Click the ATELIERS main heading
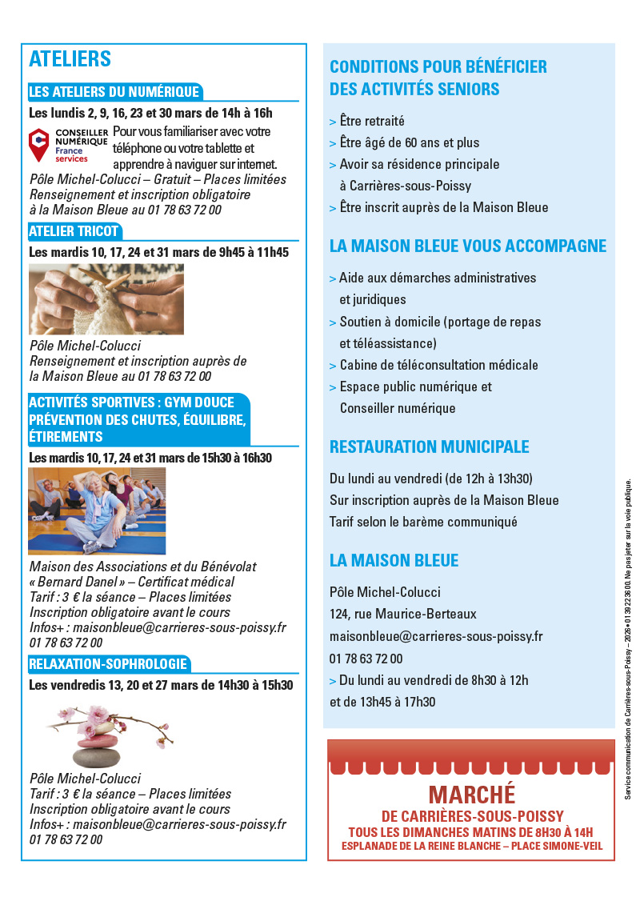(70, 59)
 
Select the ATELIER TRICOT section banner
(74, 231)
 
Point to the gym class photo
(97, 511)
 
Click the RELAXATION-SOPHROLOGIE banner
(109, 663)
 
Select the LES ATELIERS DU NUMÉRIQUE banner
(114, 91)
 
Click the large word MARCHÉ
(472, 795)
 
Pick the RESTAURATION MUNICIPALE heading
(430, 446)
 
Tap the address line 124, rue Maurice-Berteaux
(402, 615)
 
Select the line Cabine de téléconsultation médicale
(438, 365)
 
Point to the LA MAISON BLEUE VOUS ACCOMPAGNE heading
(468, 246)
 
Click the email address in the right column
(436, 637)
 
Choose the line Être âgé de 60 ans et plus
(409, 143)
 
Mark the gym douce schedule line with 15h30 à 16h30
(150, 459)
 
